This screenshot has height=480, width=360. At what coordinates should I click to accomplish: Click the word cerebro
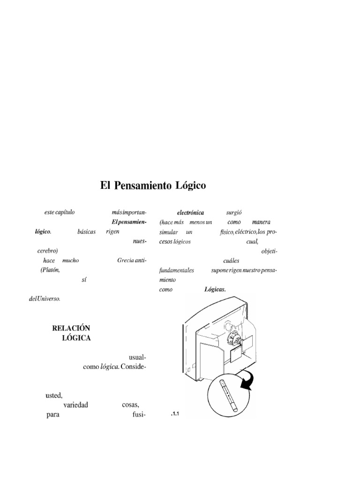(x=47, y=251)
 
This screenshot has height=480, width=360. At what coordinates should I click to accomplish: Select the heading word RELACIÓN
(x=71, y=328)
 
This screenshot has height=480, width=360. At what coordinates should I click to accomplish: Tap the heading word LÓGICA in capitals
(x=76, y=337)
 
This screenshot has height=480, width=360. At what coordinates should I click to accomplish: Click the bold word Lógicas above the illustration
(x=215, y=289)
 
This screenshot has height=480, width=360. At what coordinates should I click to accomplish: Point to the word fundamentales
(x=177, y=270)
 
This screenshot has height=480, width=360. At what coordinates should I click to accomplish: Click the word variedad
(x=75, y=405)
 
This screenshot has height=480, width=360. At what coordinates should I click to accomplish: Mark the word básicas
(x=86, y=232)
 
